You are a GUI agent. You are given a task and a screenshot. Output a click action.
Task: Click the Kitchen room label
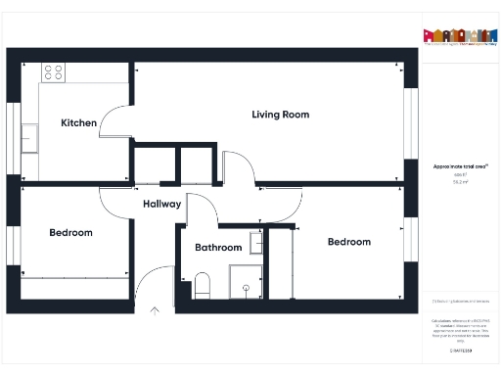point(79,123)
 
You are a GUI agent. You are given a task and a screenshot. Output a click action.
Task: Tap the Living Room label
point(280,115)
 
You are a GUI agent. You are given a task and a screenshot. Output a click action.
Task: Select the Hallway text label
point(161,205)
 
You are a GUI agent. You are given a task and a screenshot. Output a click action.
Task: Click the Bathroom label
point(217,248)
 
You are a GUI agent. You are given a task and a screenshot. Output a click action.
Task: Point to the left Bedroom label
point(70,233)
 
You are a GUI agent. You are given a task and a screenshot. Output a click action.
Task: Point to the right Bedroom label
point(349,242)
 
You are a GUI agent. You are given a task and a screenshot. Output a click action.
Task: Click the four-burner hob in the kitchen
point(53,72)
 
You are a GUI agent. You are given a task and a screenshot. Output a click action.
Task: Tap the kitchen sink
point(30,137)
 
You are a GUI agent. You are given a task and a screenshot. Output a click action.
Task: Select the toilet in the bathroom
point(203,286)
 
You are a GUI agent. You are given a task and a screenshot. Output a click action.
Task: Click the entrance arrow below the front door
point(154,313)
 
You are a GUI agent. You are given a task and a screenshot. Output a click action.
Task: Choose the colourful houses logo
point(455,35)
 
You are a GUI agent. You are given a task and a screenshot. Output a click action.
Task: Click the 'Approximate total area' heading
point(460,166)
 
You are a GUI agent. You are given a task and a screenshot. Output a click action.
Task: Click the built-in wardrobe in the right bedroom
point(281,264)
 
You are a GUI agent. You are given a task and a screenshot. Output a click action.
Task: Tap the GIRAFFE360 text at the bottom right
point(461,350)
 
